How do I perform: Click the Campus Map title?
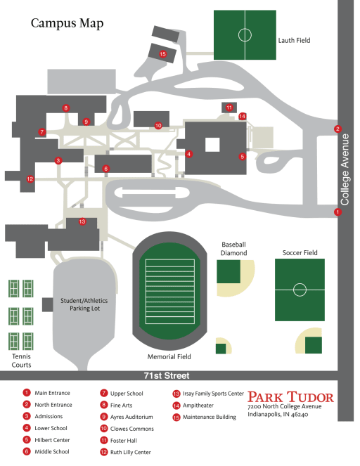[x=67, y=23]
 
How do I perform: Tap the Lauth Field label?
[x=294, y=41]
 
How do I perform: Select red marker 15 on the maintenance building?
[x=162, y=54]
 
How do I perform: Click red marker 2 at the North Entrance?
[x=337, y=129]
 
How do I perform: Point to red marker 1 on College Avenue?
[x=337, y=212]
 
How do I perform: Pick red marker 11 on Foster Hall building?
[x=229, y=108]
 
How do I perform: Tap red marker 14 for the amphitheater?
[x=243, y=116]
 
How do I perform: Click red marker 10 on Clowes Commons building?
[x=158, y=126]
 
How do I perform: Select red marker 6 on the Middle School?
[x=106, y=169]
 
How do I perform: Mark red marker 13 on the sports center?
[x=82, y=221]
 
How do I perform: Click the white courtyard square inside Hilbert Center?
[x=212, y=145]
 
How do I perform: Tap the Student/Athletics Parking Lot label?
[x=84, y=304]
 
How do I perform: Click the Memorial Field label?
[x=169, y=356]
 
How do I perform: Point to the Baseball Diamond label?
[x=233, y=249]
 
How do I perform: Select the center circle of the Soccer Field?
[x=300, y=290]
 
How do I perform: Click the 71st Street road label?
[x=167, y=375]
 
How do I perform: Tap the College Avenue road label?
[x=345, y=169]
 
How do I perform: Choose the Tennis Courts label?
[x=21, y=361]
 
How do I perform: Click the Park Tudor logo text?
[x=290, y=396]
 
